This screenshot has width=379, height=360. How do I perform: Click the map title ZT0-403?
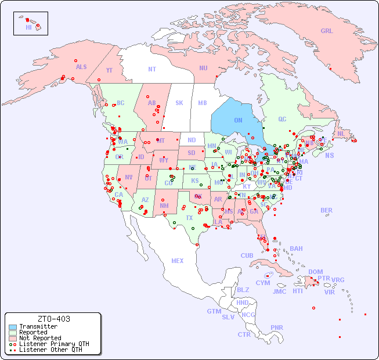tap(54, 319)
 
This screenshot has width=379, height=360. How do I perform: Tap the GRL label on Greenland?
tap(327, 31)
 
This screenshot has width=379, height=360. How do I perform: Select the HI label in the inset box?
tap(28, 27)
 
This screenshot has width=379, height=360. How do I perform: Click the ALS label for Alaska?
tap(81, 67)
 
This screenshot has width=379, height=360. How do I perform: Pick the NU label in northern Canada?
tap(203, 68)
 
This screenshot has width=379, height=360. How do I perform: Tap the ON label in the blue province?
tap(238, 120)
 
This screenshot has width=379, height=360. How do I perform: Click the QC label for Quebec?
tap(282, 120)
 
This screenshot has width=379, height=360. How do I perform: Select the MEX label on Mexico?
tap(178, 261)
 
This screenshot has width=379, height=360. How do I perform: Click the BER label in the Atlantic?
tap(326, 210)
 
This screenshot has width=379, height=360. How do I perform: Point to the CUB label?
tap(247, 255)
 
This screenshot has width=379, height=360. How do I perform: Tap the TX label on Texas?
tap(189, 218)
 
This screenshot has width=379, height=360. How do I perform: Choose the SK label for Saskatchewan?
tap(179, 103)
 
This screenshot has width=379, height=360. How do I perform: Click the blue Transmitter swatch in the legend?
tap(13, 327)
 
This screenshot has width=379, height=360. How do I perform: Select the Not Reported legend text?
tap(40, 338)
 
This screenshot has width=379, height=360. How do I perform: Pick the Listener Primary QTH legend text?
tap(54, 344)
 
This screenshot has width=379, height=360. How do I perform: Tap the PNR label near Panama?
tap(277, 327)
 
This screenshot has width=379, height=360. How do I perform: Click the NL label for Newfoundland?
tap(341, 134)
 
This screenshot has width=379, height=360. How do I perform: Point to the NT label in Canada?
tap(152, 69)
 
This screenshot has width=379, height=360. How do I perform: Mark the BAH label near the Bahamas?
tap(296, 249)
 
